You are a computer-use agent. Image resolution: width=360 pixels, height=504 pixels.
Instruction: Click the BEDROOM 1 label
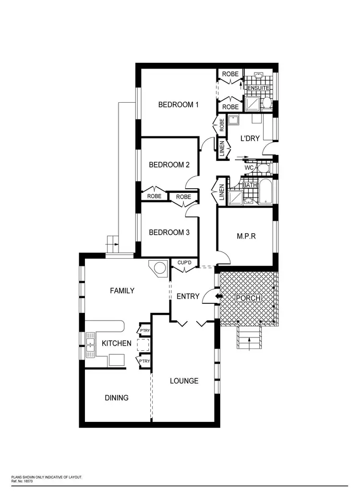point(179,105)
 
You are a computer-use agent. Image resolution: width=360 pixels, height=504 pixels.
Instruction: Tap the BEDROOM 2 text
point(169,165)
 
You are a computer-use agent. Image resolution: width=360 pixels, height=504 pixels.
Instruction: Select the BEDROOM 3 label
point(169,232)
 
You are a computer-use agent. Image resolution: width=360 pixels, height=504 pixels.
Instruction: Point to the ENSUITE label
point(258,89)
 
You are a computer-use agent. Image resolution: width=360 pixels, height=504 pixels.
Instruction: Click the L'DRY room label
point(250,138)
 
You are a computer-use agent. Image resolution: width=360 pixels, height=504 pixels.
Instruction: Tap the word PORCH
point(248,298)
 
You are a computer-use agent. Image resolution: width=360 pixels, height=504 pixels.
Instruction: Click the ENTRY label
point(188,296)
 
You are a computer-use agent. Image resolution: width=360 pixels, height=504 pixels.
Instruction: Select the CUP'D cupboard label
point(185,263)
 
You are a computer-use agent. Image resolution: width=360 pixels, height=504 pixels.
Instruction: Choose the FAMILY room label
point(122,290)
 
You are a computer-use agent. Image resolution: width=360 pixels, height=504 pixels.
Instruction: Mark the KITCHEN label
point(116,343)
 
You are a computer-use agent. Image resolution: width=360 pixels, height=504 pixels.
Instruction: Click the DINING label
point(117,397)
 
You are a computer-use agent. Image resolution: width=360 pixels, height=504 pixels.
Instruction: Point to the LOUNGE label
point(184,381)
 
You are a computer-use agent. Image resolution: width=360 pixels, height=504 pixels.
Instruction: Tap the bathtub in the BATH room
point(265,192)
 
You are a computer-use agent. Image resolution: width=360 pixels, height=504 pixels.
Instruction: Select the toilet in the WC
point(263,168)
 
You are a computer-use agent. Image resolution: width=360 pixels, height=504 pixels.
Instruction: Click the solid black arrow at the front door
point(219,296)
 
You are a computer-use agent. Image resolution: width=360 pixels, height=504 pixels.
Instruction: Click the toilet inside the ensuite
point(266,103)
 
